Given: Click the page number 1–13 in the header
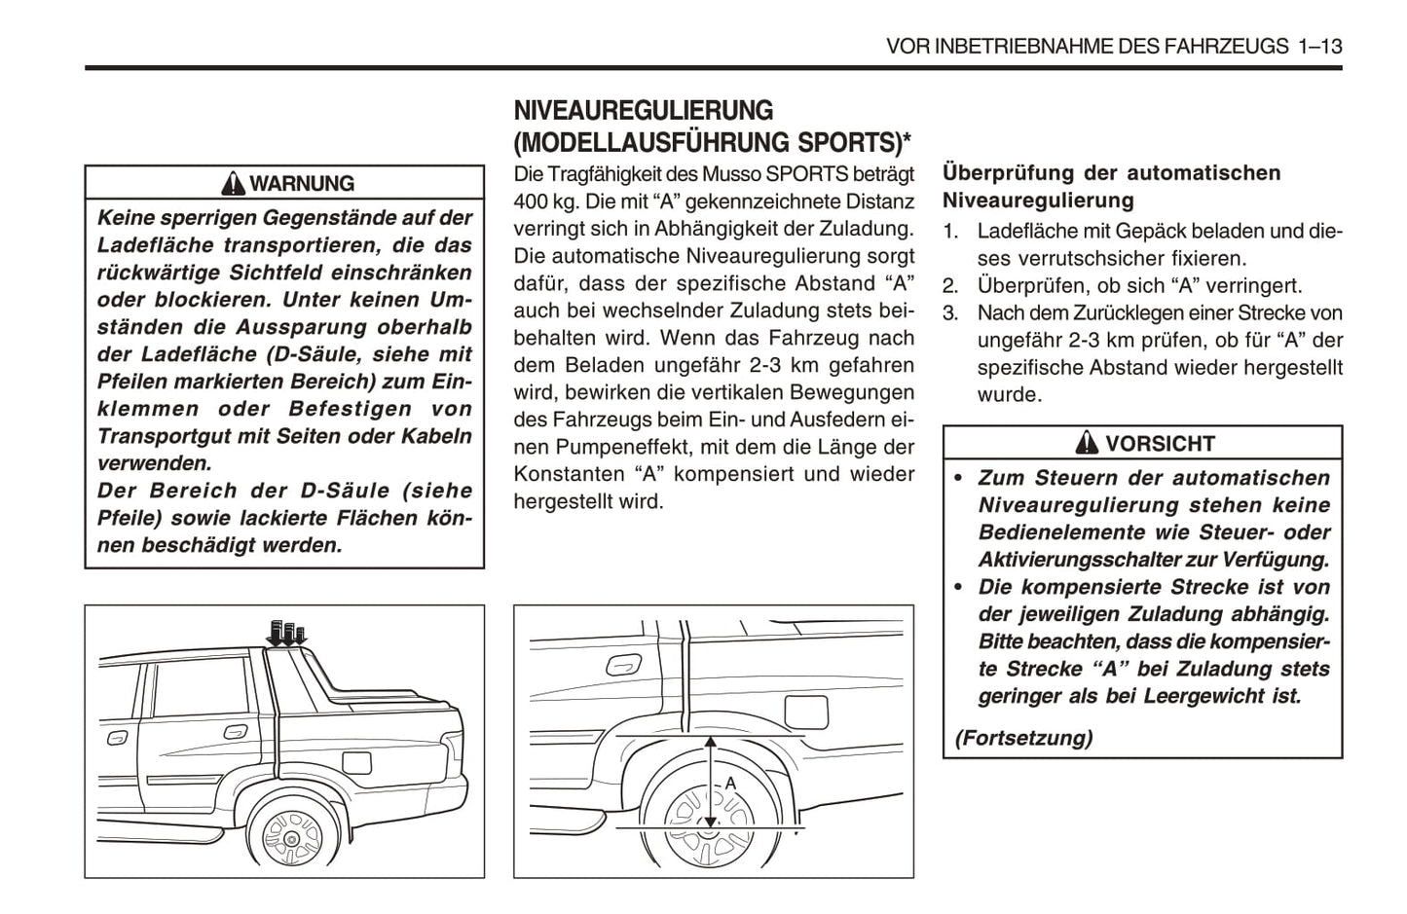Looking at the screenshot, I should coord(1319,46).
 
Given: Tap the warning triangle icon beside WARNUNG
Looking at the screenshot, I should coord(233,184).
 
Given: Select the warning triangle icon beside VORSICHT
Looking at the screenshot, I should coord(1087,444).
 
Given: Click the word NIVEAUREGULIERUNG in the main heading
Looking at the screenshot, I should coord(644,110).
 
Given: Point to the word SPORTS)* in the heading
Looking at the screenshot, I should coord(855,143).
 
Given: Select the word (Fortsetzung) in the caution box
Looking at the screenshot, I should coord(1023,738).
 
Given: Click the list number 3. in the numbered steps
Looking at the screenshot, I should coord(950,313).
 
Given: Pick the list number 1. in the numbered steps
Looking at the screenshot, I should coord(950,232).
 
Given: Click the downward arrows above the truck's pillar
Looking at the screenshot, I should coord(286,633).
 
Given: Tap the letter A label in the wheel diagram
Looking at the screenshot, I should coord(730,784).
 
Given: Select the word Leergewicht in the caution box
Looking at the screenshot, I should coord(1194,696).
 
